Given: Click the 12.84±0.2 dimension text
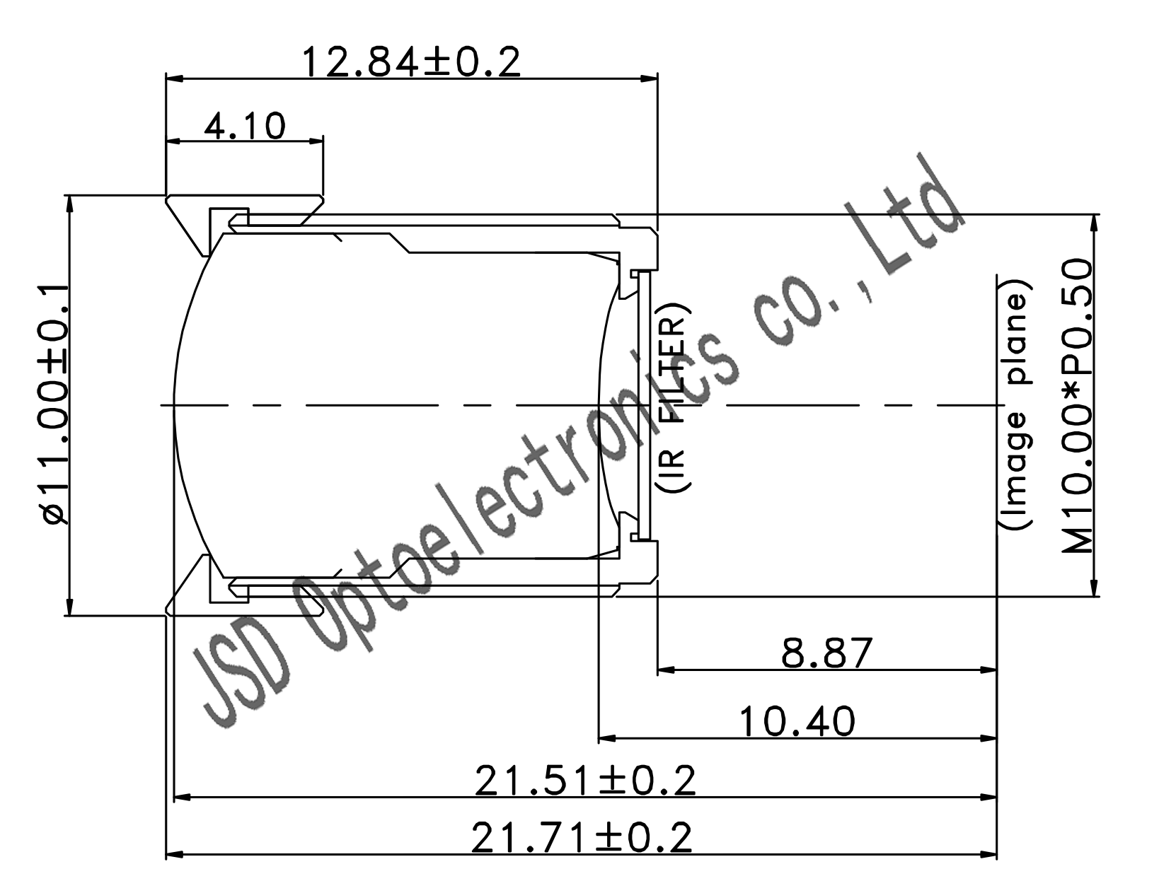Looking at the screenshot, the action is (x=411, y=63).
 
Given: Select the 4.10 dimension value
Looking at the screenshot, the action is (x=245, y=126).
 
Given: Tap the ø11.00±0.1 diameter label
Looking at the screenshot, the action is (x=54, y=404).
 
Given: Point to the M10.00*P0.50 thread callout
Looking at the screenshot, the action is (x=1077, y=406).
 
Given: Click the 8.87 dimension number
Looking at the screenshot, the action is (x=826, y=653).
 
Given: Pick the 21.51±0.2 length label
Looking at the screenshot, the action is (x=585, y=781).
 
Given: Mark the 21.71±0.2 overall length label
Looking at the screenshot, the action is (x=582, y=838).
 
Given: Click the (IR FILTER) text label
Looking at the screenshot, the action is (x=674, y=398).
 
